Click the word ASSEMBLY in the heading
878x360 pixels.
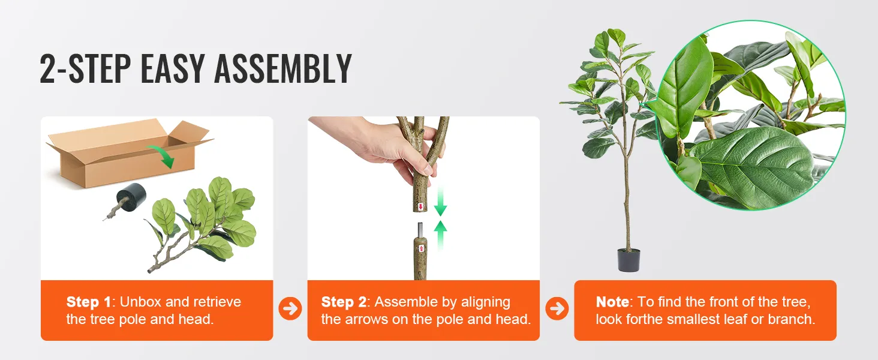tap(283, 69)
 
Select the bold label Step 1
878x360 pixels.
tap(89, 302)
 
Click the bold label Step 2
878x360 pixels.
tap(344, 302)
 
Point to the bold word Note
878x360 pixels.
tap(612, 302)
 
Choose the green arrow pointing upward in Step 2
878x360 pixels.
tap(441, 235)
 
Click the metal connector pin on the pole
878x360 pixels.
tap(420, 229)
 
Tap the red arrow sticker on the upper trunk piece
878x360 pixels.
tap(420, 206)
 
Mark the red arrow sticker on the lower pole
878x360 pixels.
tap(422, 248)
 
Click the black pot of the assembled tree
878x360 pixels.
tap(629, 260)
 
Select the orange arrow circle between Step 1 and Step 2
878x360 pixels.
tap(290, 308)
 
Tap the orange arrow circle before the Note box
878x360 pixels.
tap(557, 308)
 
